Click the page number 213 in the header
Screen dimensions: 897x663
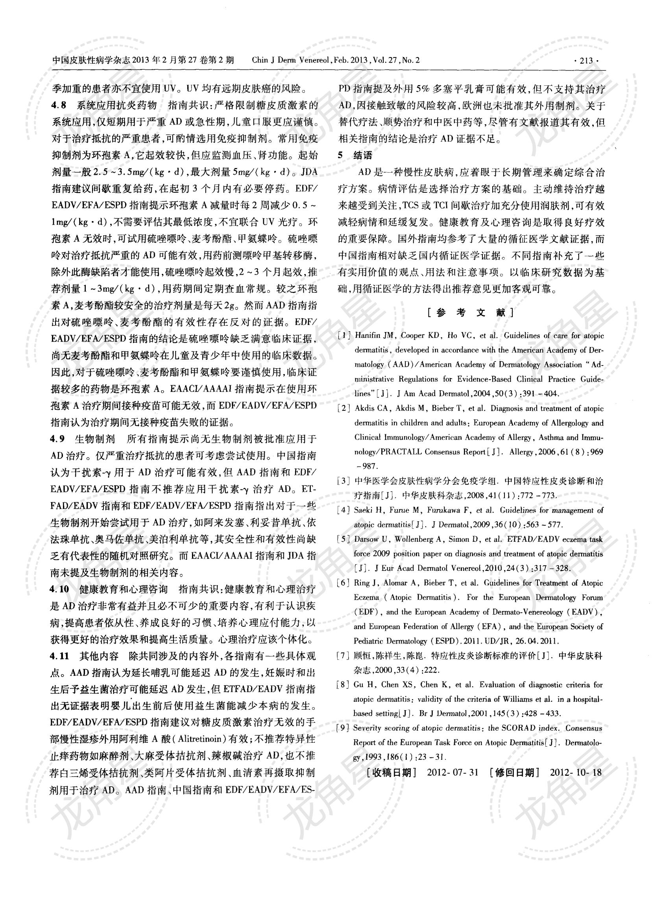coord(586,61)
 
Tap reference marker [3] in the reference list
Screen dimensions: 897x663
coord(344,481)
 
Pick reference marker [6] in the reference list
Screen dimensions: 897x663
coord(344,583)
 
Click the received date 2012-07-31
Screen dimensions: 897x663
coord(453,773)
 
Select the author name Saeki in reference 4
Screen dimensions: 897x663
coord(363,510)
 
